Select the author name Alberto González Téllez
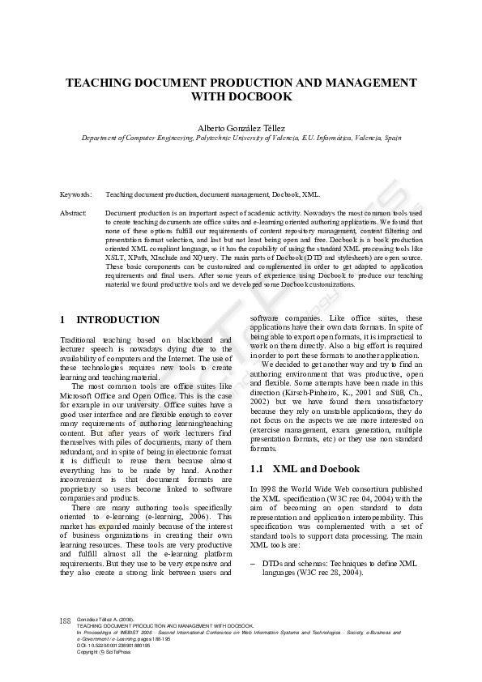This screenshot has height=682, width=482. pyautogui.click(x=241, y=127)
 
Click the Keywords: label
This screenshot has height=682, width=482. pyautogui.click(x=75, y=195)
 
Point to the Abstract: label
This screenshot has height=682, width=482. pyautogui.click(x=74, y=212)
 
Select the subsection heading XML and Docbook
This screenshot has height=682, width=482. pyautogui.click(x=315, y=469)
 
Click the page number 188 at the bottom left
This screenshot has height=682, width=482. pyautogui.click(x=66, y=621)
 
